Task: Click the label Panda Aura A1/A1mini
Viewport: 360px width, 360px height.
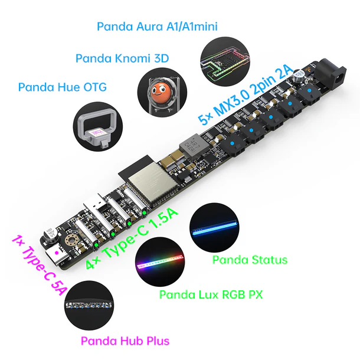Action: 157,27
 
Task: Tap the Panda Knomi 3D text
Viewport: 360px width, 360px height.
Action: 122,58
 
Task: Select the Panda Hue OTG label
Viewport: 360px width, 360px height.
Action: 63,87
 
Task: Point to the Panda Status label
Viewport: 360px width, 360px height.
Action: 250,260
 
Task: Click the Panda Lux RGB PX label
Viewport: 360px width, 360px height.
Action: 211,294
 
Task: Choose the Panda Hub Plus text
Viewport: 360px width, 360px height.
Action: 125,341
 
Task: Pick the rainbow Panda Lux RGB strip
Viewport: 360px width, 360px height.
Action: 161,261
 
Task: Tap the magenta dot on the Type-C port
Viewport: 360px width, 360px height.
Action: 57,253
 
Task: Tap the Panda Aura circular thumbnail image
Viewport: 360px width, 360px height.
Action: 225,61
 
